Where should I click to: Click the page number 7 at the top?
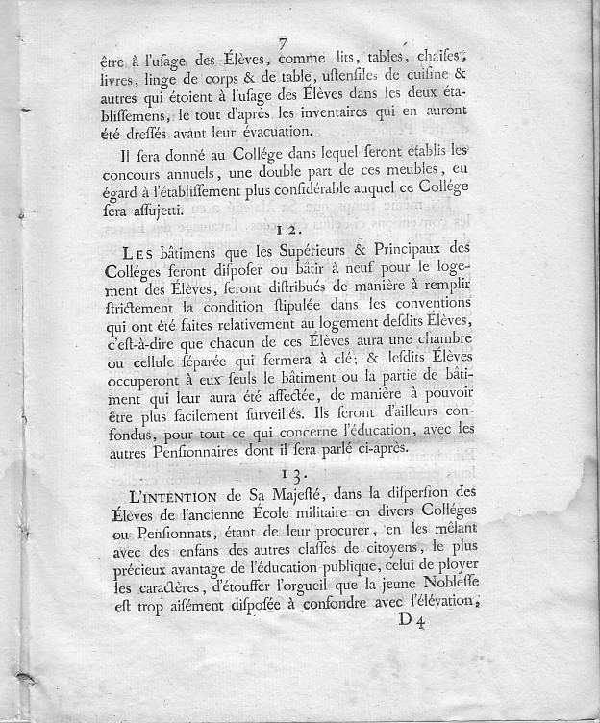[283, 43]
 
